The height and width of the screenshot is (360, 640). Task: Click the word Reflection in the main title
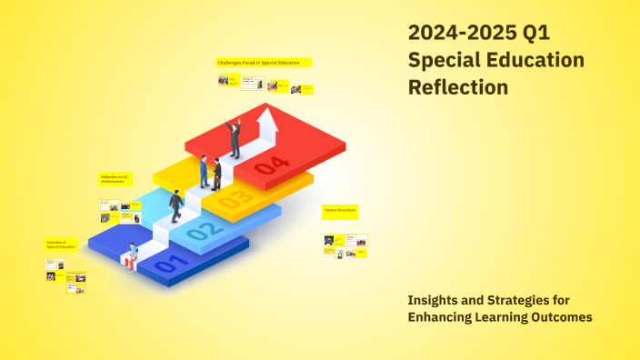tap(458, 88)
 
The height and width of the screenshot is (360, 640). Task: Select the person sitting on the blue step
tap(133, 255)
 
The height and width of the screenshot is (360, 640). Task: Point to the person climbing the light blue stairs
tap(175, 205)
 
